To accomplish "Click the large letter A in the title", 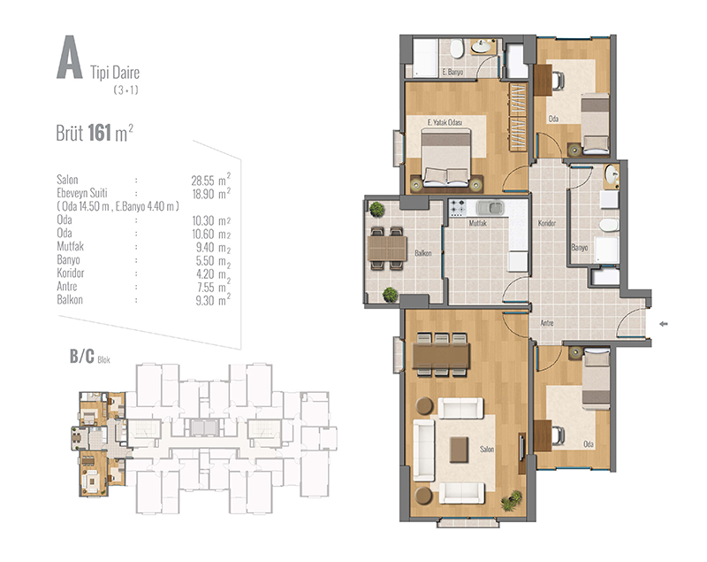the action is coord(70,58).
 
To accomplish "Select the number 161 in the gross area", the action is coord(99,133).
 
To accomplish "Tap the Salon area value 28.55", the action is coord(202,181).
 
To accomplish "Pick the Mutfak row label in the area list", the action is coord(71,246).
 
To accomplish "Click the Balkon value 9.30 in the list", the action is coord(205,301).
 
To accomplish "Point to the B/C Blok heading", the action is coord(89,357).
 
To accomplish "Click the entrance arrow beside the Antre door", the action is coord(664,324).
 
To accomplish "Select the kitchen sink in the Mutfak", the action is coord(490,208).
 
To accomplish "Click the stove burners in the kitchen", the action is coord(457,208).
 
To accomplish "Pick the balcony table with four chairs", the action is coord(387,249).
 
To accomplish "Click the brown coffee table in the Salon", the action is coord(459,449).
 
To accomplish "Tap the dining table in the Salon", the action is coord(441,355).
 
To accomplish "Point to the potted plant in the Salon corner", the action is coord(512,500).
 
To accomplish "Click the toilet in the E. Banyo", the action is coord(457,49).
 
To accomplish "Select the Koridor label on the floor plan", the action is coord(547,223).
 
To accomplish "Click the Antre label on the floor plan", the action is coord(547,323).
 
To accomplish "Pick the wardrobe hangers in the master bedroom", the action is coord(518,117).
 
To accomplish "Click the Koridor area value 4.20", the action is coord(205,274).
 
